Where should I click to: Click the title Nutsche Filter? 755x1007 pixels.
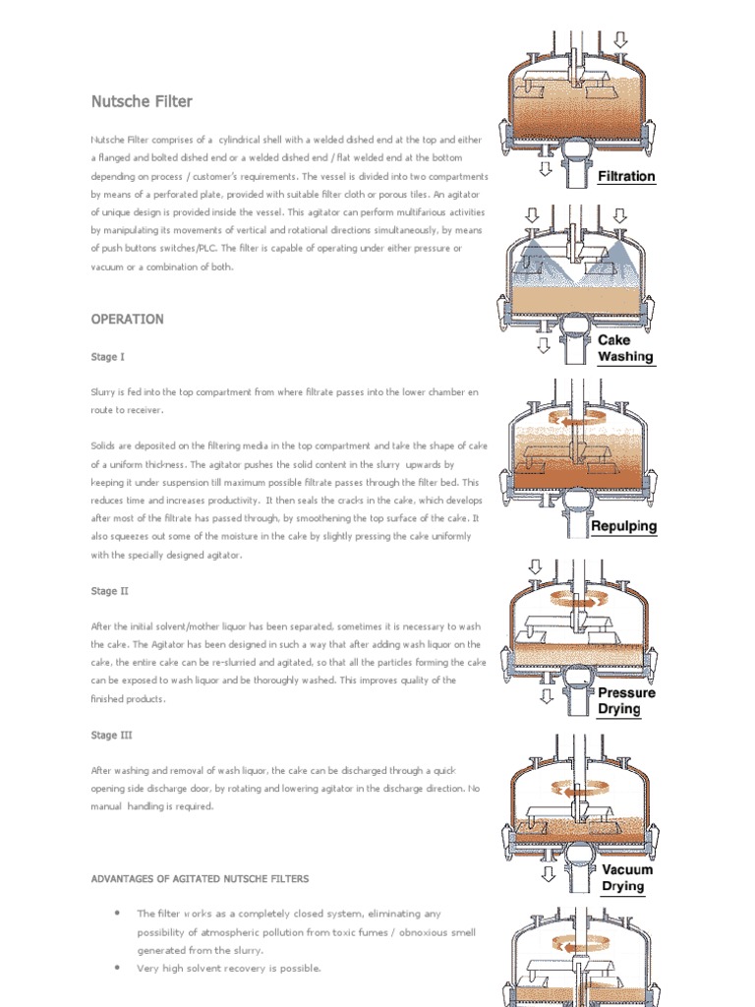coord(142,101)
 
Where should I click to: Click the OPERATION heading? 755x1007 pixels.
coord(127,320)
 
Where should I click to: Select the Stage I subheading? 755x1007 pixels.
coord(107,357)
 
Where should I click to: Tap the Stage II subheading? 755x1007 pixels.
coord(109,591)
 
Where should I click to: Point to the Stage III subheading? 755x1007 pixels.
coord(111,735)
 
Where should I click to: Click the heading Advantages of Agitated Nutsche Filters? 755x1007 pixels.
coord(214,878)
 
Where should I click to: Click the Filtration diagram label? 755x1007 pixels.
coord(626,176)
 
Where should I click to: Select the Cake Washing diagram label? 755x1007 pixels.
coord(625,348)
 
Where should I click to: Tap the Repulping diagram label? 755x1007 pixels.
coord(623,526)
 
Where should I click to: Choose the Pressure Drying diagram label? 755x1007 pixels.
coord(625,700)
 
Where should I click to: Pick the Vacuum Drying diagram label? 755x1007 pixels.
coord(626,877)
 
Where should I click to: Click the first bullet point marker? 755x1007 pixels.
coord(117,913)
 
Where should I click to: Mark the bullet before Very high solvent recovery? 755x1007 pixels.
coord(117,968)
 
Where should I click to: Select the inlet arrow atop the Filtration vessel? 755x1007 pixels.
coord(620,40)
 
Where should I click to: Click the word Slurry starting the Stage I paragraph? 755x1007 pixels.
coord(104,391)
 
